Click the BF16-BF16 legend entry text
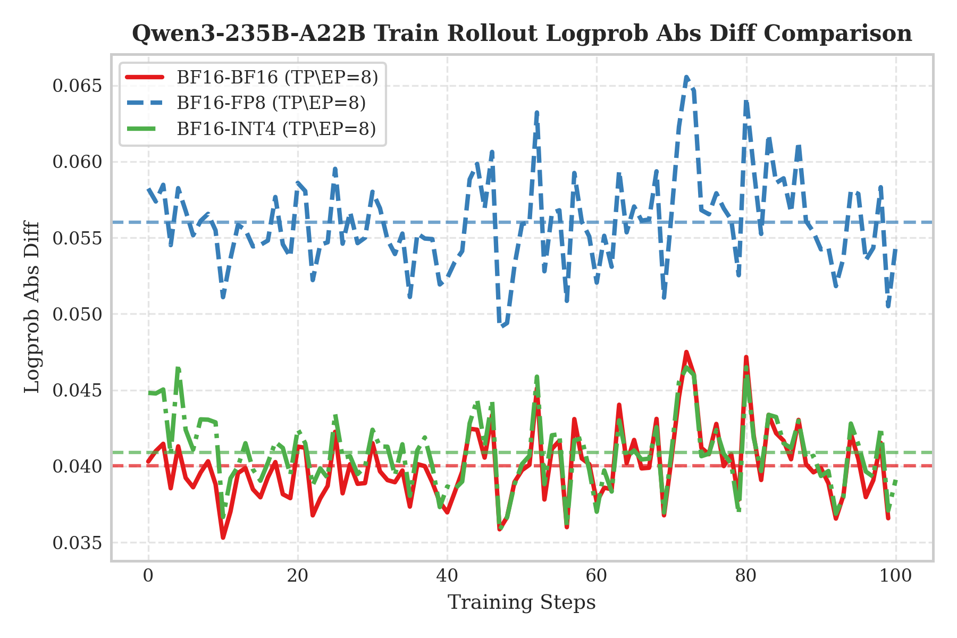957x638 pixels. [x=277, y=78]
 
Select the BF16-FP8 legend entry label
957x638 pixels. [x=271, y=103]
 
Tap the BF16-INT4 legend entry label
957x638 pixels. [x=276, y=129]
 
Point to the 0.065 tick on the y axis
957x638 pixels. [x=77, y=86]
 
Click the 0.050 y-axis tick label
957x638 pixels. [x=77, y=314]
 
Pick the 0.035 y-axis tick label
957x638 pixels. [x=77, y=543]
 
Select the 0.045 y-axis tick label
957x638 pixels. [x=77, y=390]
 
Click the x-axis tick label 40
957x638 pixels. [x=447, y=576]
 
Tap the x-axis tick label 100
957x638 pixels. [x=896, y=576]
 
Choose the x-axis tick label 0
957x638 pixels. [x=148, y=576]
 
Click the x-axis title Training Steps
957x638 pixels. [x=522, y=603]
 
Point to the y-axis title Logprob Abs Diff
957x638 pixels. [x=33, y=307]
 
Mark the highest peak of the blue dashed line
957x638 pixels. [x=686, y=78]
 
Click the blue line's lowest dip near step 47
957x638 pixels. [x=501, y=326]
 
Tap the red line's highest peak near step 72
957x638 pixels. [x=686, y=352]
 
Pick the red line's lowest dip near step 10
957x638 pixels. [x=223, y=538]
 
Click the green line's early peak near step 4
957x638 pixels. [x=178, y=368]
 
